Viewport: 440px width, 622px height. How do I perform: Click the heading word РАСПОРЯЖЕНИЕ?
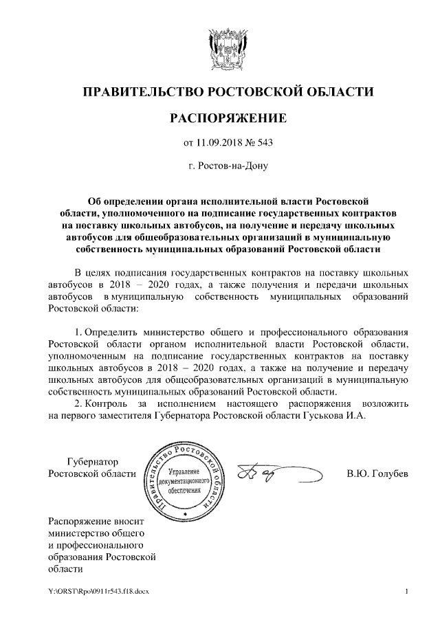coord(219,118)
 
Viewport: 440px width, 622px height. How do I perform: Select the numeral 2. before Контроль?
coord(78,401)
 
